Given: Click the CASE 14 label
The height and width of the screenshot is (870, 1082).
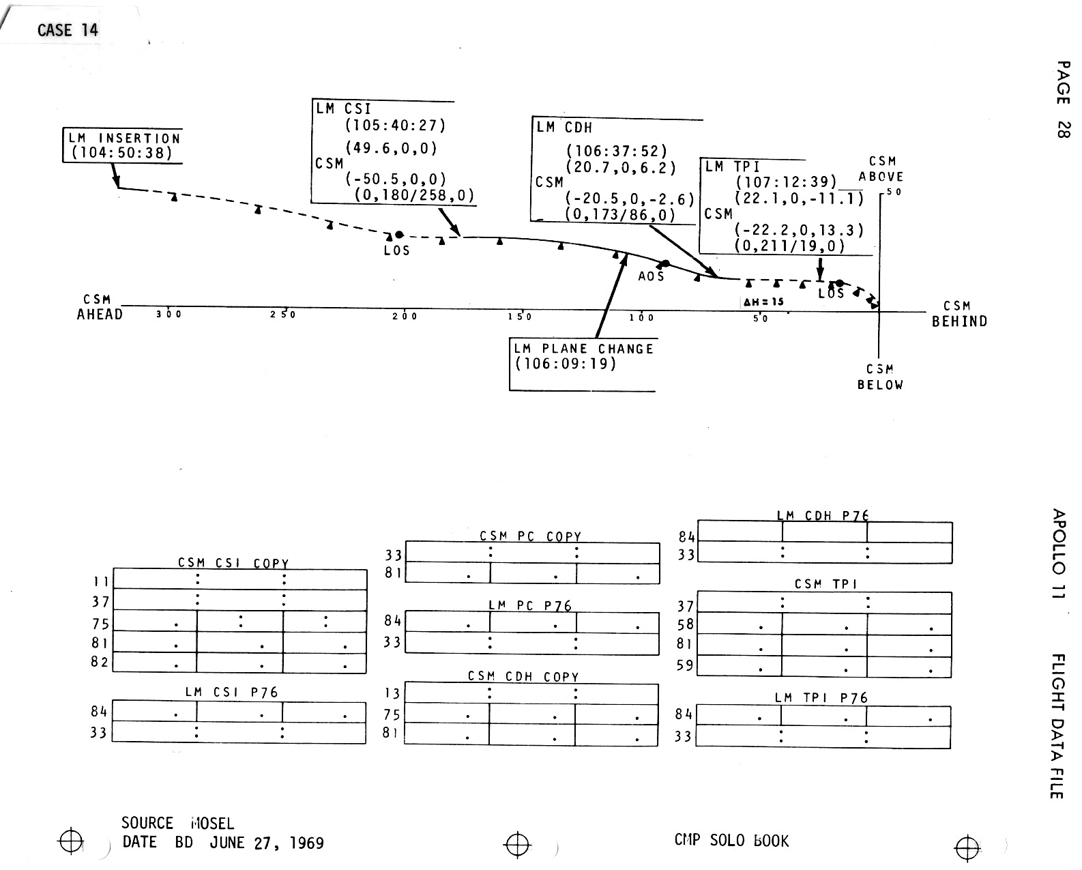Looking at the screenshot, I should pos(68,30).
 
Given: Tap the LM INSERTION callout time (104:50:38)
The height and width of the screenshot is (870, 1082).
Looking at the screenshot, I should pos(123,153).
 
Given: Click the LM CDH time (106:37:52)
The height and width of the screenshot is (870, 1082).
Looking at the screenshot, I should pos(617,151).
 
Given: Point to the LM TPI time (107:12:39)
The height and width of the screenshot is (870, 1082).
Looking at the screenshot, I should pos(786,182).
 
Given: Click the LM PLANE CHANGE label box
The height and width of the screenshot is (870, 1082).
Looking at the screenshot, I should pos(583,356).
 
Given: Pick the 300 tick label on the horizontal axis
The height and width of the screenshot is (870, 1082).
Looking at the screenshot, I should pos(169,315).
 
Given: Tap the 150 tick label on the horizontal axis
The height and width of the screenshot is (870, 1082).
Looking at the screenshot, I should pos(520,317).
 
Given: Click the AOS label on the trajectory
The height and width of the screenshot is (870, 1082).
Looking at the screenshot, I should pos(651,276).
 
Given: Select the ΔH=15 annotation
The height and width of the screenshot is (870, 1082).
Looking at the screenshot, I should pos(763,302).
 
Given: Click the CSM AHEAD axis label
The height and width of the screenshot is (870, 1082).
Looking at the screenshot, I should pos(100,308).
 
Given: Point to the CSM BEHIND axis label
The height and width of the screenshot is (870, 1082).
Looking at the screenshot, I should pos(959,314).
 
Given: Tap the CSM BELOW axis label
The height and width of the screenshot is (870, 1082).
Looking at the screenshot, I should pos(880,377).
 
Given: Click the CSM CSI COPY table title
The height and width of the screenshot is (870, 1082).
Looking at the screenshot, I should pos(233,564).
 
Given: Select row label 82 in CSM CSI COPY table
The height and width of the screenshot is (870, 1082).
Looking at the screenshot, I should pos(100,662).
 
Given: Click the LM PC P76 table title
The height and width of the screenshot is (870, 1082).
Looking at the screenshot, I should pos(529,605).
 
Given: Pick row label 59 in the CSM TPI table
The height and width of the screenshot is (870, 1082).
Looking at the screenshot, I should pos(685,665).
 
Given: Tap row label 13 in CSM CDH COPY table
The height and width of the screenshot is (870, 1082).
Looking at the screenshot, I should pos(392,694).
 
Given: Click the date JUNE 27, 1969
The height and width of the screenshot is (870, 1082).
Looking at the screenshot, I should pos(267,843).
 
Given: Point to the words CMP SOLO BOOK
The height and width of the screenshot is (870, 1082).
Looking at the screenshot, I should pos(731,841).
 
